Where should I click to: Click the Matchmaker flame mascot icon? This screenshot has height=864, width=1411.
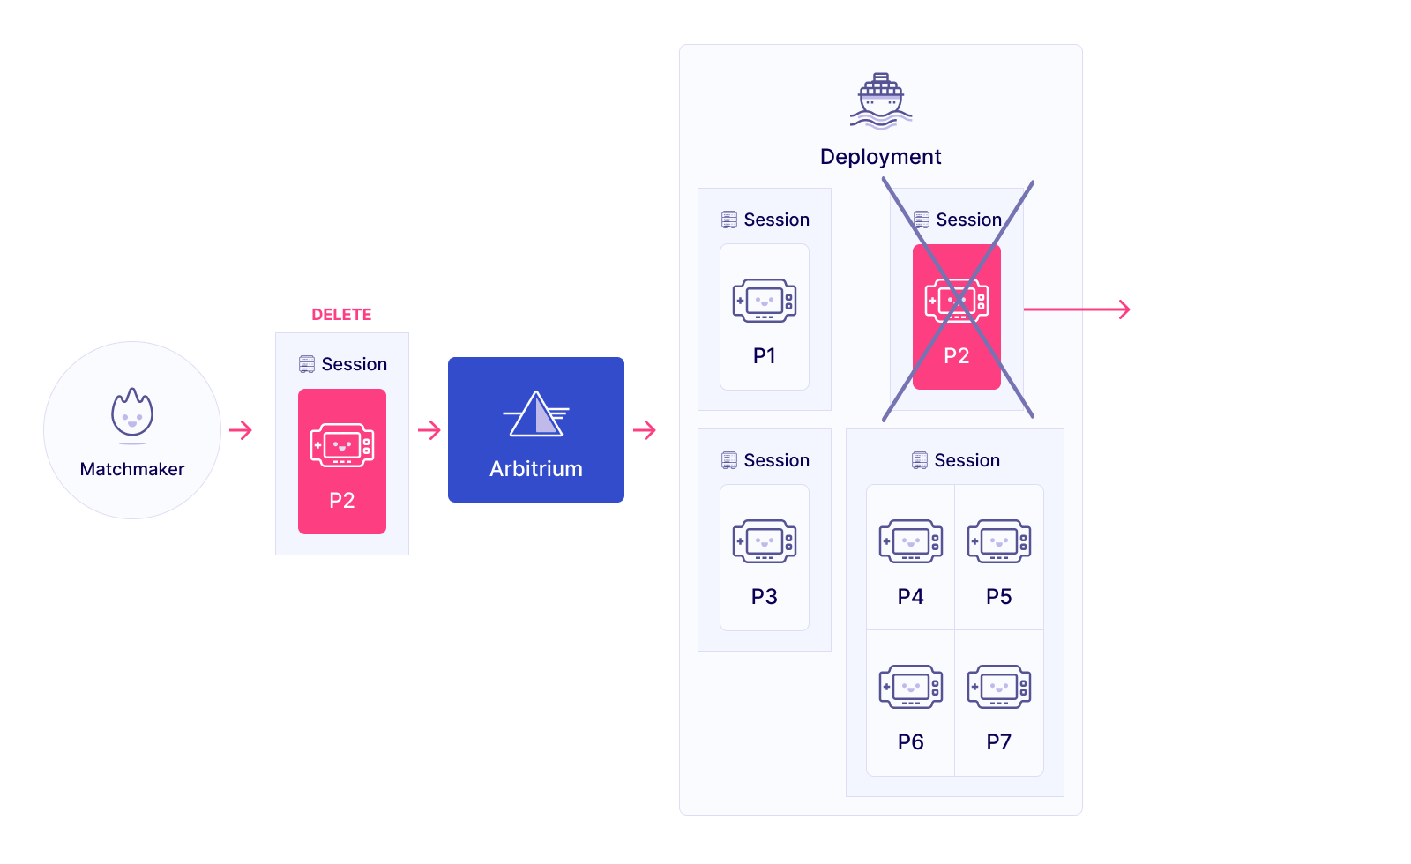click(132, 413)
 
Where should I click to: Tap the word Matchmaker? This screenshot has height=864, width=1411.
click(132, 469)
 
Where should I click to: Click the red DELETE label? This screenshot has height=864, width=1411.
click(341, 315)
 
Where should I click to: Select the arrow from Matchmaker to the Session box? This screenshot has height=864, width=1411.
click(241, 430)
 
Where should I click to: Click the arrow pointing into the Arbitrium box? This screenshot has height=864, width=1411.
click(429, 430)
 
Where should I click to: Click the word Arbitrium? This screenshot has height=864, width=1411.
click(536, 469)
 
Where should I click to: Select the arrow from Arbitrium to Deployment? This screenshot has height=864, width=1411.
click(645, 430)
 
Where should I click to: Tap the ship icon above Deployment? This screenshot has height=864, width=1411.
click(881, 101)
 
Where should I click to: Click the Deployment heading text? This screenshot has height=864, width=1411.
click(880, 157)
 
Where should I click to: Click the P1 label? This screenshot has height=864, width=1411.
click(765, 356)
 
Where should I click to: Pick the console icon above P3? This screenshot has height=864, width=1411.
click(765, 540)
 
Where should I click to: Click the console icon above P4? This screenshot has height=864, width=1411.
click(911, 540)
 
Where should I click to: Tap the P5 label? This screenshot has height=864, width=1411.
click(999, 597)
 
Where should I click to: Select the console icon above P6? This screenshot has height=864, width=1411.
click(911, 686)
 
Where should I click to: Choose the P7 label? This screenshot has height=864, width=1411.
click(999, 742)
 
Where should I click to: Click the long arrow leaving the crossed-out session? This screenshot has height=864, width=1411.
click(1077, 309)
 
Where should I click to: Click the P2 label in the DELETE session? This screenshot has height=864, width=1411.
click(342, 501)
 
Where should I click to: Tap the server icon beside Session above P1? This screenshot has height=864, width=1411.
click(729, 220)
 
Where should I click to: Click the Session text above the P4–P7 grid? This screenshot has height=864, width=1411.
click(967, 460)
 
